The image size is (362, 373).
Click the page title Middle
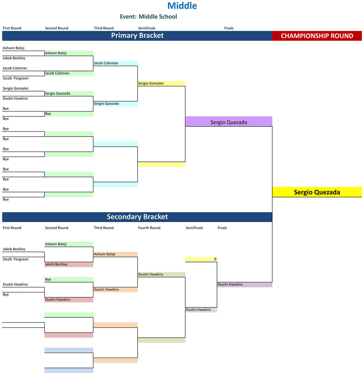point(182,6)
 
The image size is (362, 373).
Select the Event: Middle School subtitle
point(148,17)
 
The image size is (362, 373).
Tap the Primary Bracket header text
point(137,36)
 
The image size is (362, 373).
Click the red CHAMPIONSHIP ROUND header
point(317,36)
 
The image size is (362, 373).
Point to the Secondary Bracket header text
point(137,217)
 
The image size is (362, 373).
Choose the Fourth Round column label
point(149,228)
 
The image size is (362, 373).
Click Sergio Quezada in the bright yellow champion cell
point(317,192)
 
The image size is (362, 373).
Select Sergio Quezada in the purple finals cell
point(229,122)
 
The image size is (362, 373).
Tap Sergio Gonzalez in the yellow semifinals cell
point(150,83)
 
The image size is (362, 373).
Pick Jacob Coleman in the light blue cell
point(106,63)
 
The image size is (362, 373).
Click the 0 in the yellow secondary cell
point(215,259)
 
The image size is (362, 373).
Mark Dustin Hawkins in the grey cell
point(198,310)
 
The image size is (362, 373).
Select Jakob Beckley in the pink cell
point(56,264)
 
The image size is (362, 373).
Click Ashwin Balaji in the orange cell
point(105,254)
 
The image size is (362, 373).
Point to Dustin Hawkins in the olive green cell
point(150,274)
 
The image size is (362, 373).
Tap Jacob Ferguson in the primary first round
point(15,78)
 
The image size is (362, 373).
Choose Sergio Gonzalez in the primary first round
point(15,88)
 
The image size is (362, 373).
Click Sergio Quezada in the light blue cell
point(106,104)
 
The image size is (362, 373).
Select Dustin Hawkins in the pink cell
point(58,300)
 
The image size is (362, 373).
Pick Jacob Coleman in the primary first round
point(15,68)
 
